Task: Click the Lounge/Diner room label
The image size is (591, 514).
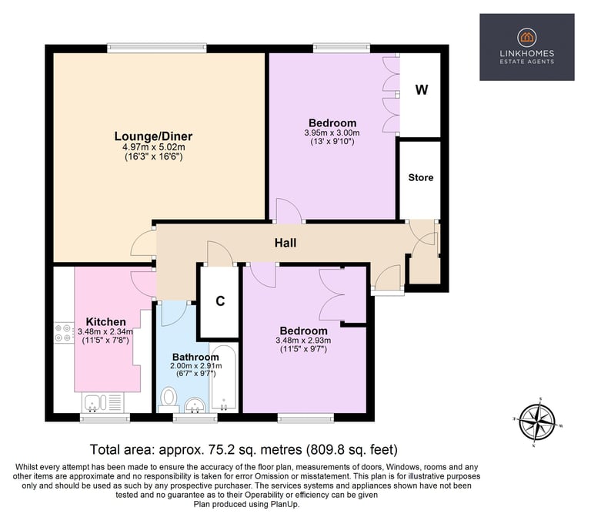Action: click(x=153, y=136)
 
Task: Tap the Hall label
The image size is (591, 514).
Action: click(x=285, y=243)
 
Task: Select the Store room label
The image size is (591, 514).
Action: click(x=421, y=177)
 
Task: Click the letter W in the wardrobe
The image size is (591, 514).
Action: click(x=422, y=90)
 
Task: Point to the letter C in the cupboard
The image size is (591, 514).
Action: click(x=220, y=301)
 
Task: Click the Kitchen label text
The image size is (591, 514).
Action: click(x=106, y=322)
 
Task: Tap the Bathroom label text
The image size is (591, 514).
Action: click(x=195, y=357)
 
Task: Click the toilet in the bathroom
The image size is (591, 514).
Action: click(x=169, y=400)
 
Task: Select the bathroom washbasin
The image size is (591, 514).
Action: click(x=195, y=405)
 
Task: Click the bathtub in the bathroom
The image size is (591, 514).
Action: click(x=224, y=378)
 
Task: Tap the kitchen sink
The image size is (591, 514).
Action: click(x=92, y=402)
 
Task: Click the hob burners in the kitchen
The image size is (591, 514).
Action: click(x=64, y=333)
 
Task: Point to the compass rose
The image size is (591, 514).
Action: click(x=537, y=422)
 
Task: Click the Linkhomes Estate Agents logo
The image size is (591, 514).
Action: click(x=527, y=47)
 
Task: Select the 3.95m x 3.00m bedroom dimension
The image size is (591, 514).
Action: click(x=332, y=133)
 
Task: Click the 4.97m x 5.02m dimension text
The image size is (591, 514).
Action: click(x=154, y=147)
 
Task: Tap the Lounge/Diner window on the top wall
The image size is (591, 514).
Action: click(x=157, y=48)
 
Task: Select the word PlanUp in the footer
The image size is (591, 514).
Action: click(x=284, y=504)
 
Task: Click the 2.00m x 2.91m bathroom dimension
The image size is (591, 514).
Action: click(x=196, y=366)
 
